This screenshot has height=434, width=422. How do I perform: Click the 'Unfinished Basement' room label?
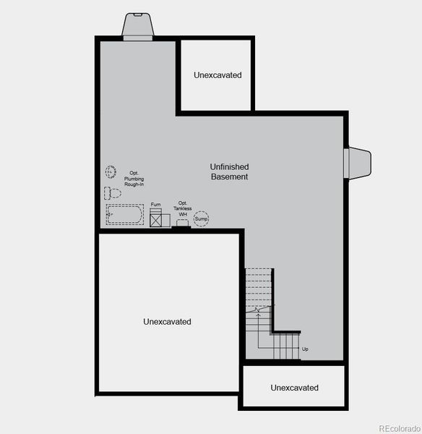pyautogui.click(x=229, y=171)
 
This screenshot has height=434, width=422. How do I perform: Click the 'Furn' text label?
pyautogui.click(x=156, y=205)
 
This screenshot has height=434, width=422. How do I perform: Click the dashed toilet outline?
pyautogui.click(x=113, y=193)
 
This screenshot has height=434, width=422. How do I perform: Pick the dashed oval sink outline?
pyautogui.click(x=112, y=171)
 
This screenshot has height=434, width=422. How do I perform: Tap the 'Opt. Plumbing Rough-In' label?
pyautogui.click(x=134, y=179)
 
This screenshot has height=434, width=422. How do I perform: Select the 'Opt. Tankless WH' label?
pyautogui.click(x=183, y=208)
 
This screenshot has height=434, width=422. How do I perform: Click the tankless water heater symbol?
pyautogui.click(x=182, y=224)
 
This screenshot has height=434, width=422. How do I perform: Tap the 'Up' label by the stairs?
pyautogui.click(x=305, y=350)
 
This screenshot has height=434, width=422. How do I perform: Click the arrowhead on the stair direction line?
pyautogui.click(x=258, y=310)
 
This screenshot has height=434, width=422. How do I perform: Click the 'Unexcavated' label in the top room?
pyautogui.click(x=218, y=75)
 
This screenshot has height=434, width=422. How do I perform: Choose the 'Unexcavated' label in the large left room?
pyautogui.click(x=168, y=321)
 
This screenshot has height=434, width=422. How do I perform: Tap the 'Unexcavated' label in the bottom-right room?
pyautogui.click(x=294, y=388)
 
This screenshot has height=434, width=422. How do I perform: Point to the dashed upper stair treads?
pyautogui.click(x=259, y=286)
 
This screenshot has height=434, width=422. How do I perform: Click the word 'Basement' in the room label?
pyautogui.click(x=230, y=176)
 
